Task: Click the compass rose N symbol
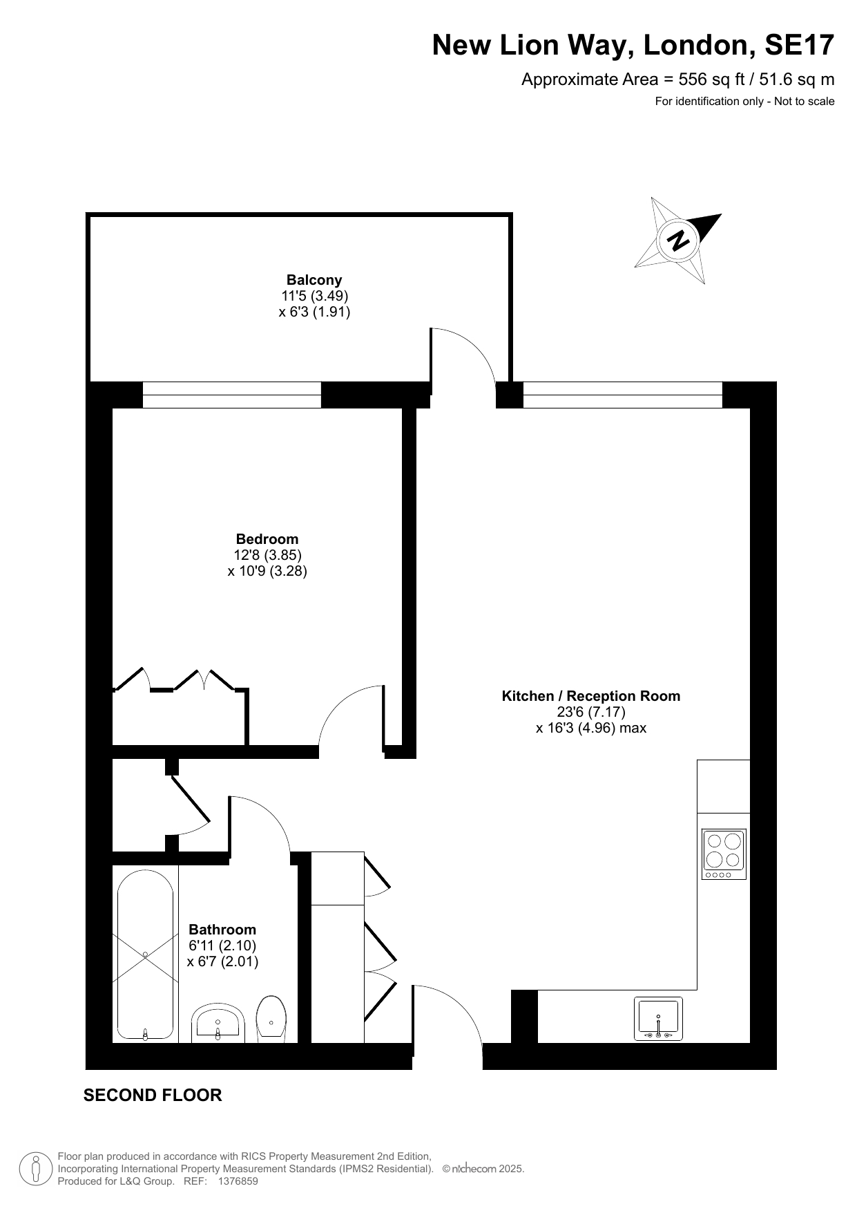(x=678, y=240)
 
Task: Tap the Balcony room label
(x=314, y=280)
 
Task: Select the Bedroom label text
(x=267, y=539)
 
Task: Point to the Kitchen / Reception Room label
(x=591, y=696)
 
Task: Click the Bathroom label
(x=222, y=930)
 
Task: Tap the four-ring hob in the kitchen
(x=724, y=854)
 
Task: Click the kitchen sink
(x=658, y=1019)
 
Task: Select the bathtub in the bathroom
(x=145, y=955)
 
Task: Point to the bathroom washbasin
(x=218, y=1023)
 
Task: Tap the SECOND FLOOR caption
(x=153, y=1096)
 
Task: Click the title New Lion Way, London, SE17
(x=633, y=46)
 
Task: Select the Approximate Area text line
(x=677, y=79)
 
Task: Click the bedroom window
(x=232, y=395)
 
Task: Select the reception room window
(x=623, y=395)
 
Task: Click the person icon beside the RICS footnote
(x=36, y=1169)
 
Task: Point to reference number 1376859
(x=238, y=1182)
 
